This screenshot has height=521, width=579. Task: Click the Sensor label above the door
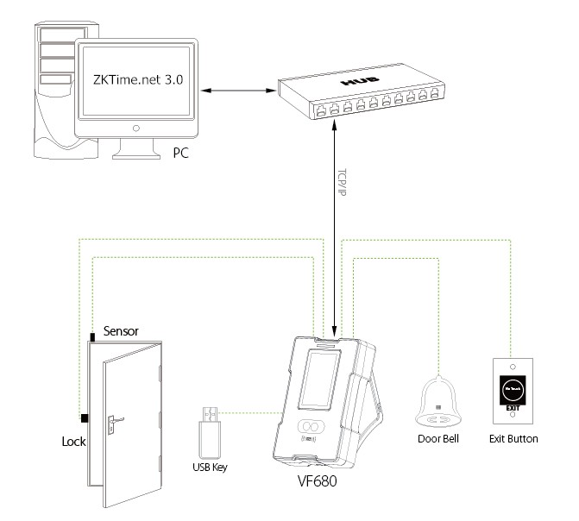(121, 330)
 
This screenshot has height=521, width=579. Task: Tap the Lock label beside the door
(73, 440)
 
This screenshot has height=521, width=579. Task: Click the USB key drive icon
(210, 430)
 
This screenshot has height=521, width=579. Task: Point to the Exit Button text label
(513, 439)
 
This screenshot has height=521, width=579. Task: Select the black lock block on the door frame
(85, 418)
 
